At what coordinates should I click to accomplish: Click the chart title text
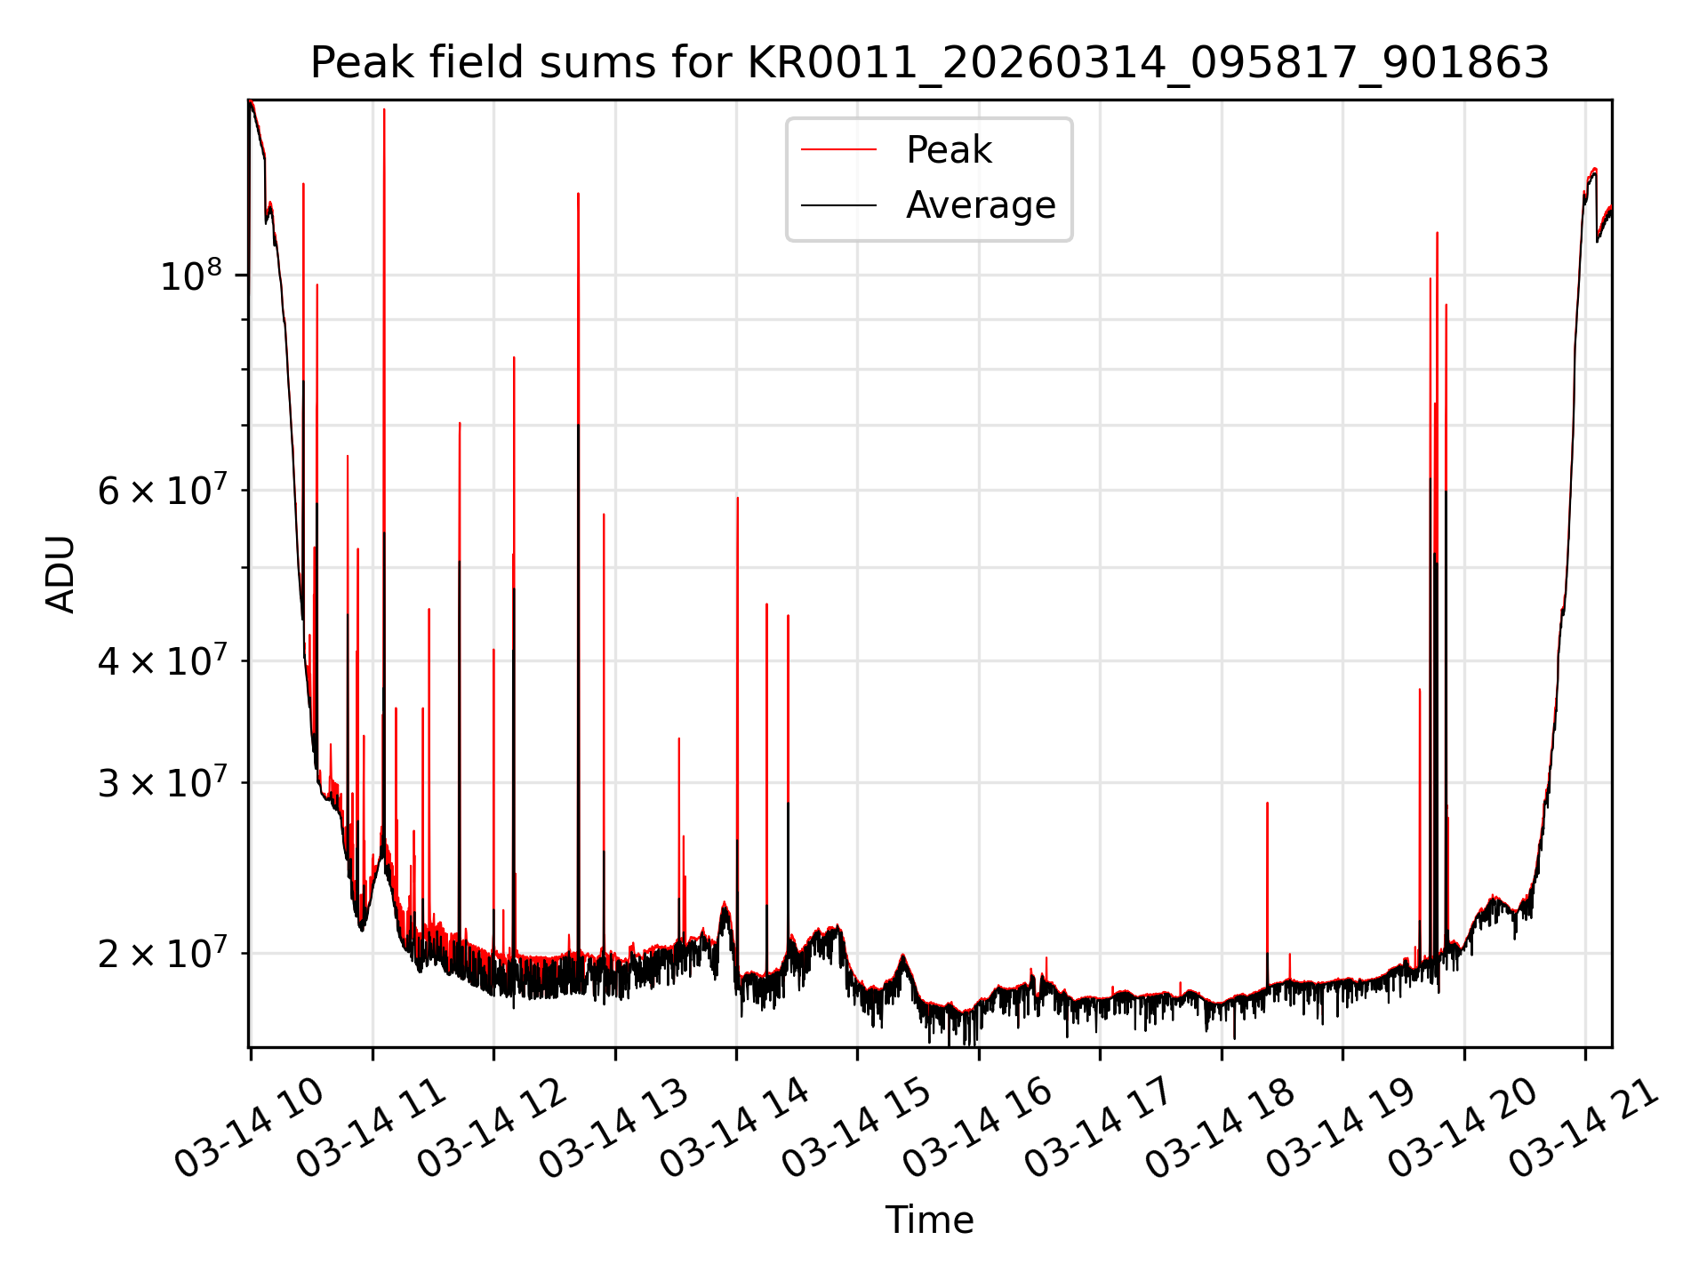(x=929, y=63)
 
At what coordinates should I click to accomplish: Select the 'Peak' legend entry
(x=948, y=149)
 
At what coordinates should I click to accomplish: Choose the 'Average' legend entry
(x=980, y=205)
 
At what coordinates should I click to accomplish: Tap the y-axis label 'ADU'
(x=60, y=573)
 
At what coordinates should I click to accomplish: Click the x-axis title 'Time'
(x=929, y=1220)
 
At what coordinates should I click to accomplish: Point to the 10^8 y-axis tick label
(x=190, y=276)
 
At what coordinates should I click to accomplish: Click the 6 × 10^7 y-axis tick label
(x=162, y=490)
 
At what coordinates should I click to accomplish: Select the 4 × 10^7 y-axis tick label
(x=162, y=660)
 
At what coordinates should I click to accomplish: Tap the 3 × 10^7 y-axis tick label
(x=162, y=783)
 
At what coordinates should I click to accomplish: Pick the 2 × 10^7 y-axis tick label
(x=162, y=954)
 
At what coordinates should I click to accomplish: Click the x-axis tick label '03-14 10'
(x=249, y=1129)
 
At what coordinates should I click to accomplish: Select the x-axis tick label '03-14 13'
(x=613, y=1129)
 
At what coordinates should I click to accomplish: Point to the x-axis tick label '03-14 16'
(x=977, y=1129)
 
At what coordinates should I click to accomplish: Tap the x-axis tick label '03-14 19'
(x=1341, y=1129)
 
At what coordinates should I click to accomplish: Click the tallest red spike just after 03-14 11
(x=384, y=110)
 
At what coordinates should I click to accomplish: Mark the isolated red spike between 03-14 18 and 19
(x=1267, y=804)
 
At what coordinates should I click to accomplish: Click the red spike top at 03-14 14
(x=737, y=499)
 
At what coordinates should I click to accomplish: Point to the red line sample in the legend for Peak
(x=838, y=149)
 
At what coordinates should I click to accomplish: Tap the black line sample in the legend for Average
(x=838, y=205)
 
